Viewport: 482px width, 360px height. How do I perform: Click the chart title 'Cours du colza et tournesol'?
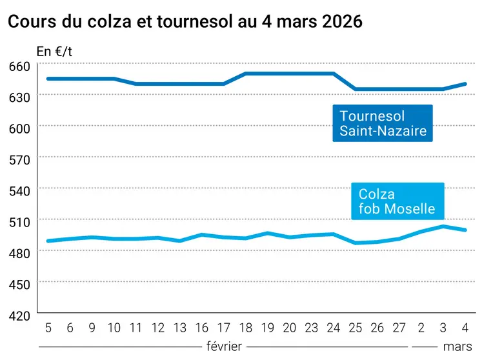[x=185, y=21]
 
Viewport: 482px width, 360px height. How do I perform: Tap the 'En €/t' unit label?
[x=54, y=52]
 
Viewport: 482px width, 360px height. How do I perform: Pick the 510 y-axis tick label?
[x=19, y=221]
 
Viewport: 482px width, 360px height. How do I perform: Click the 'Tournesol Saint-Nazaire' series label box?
[x=383, y=123]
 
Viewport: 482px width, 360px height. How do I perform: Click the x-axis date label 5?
[x=48, y=328]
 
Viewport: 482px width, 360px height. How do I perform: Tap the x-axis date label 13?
[x=180, y=328]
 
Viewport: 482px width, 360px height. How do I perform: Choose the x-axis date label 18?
[x=246, y=328]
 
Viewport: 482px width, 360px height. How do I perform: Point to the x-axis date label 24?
[x=334, y=328]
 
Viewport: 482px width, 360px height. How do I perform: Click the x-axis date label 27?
[x=399, y=328]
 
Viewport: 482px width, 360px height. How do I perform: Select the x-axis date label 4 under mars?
[x=465, y=328]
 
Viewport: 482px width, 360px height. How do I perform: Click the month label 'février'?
[x=224, y=346]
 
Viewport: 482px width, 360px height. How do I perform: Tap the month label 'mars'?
[x=457, y=346]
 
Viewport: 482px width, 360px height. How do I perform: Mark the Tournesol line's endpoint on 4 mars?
[x=465, y=84]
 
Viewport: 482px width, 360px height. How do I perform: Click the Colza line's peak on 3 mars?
[x=443, y=226]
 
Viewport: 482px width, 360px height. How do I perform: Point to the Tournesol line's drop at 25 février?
[x=356, y=89]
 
